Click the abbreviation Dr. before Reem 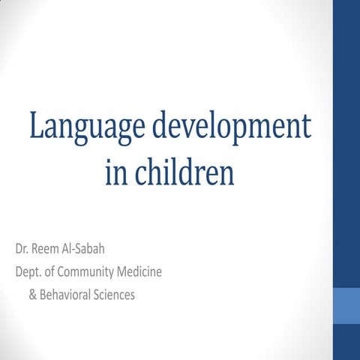pyautogui.click(x=22, y=248)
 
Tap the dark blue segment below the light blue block pyautogui.click(x=346, y=342)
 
